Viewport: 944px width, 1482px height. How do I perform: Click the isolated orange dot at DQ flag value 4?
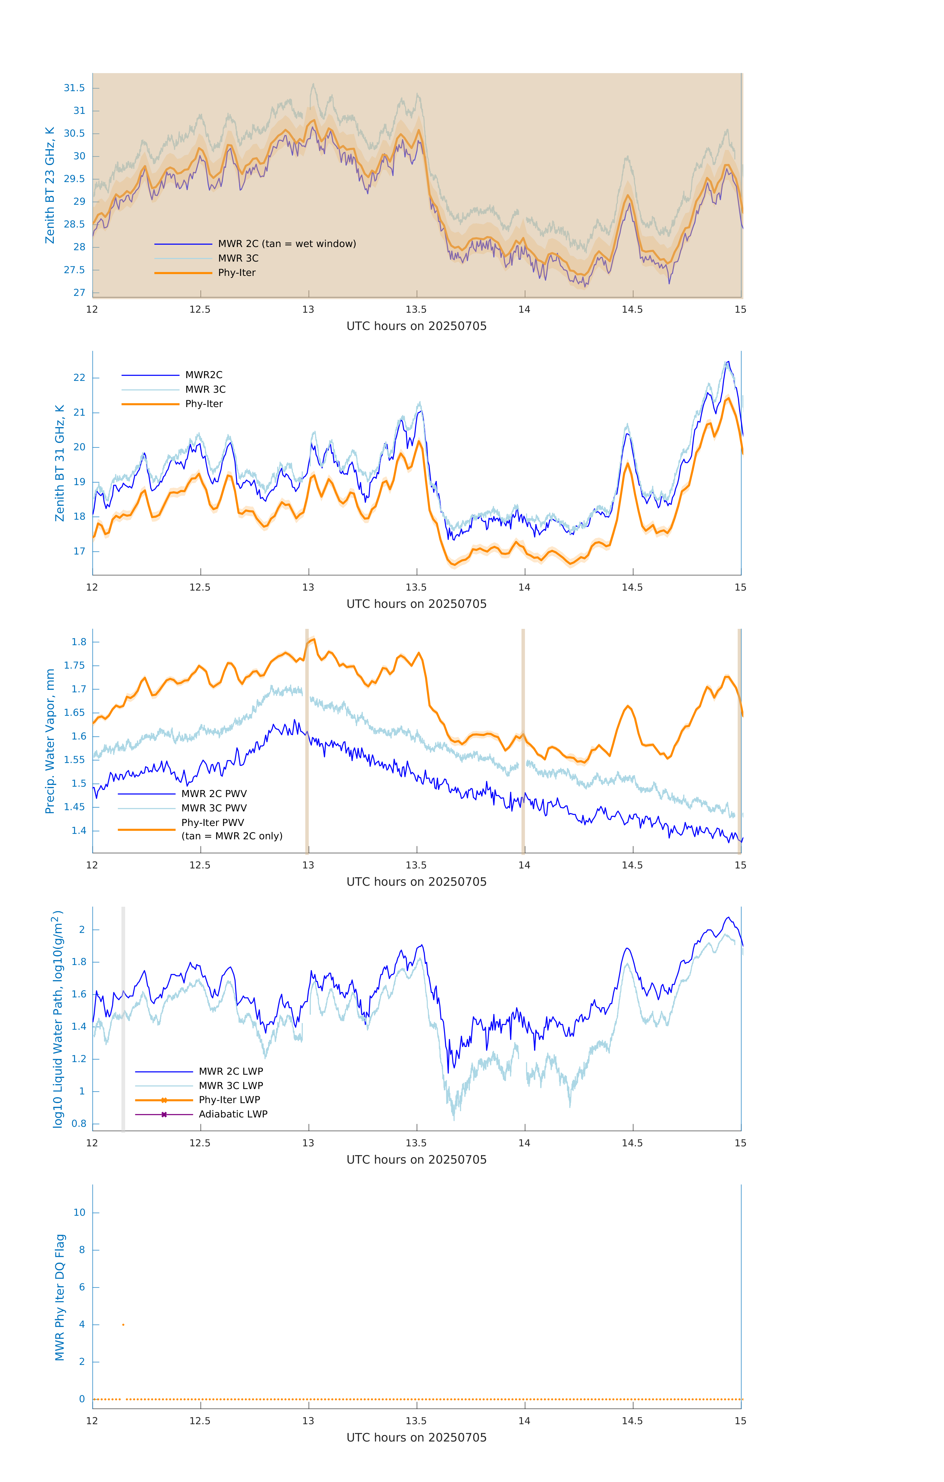point(123,1324)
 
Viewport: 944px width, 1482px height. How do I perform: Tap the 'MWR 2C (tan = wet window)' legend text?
point(287,244)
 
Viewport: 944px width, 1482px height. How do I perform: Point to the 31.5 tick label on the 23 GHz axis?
point(75,88)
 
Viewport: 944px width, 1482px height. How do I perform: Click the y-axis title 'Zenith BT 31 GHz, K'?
point(60,463)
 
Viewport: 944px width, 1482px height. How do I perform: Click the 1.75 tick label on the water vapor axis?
point(75,665)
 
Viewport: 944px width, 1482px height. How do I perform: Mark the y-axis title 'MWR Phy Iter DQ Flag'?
point(60,1297)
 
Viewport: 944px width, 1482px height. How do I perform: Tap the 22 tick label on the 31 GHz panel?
point(79,378)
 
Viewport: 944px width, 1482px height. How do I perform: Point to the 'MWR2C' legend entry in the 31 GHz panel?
point(204,375)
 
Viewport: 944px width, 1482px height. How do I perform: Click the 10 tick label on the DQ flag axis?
point(79,1213)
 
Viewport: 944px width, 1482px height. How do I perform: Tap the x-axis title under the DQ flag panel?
point(416,1438)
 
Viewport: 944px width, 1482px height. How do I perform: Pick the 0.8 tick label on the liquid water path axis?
point(79,1124)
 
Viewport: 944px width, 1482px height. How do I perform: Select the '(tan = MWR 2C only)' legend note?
point(232,836)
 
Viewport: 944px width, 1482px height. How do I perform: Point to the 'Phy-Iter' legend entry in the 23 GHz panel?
point(236,273)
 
